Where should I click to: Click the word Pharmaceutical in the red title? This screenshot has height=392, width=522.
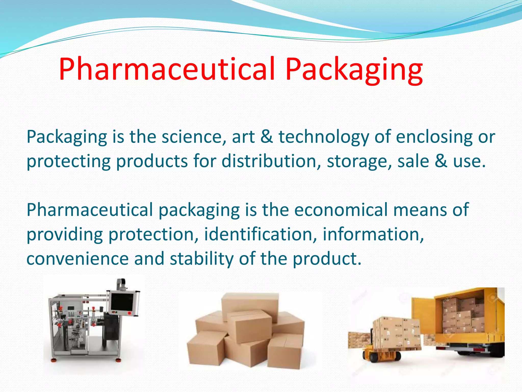point(167,69)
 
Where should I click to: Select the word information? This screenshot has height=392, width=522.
point(373,234)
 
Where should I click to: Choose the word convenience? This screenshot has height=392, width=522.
point(77,259)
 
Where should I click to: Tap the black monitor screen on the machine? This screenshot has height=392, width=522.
point(122,302)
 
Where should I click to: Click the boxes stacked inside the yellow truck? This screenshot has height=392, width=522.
point(463,316)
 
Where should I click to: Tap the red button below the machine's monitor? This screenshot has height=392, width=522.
point(129,313)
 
